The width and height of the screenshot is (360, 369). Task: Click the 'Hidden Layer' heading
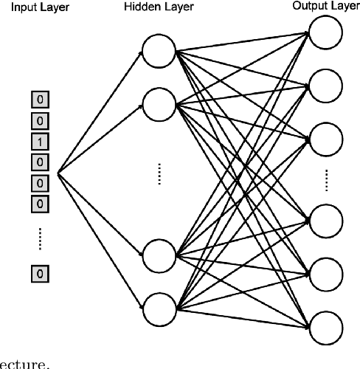pos(159,7)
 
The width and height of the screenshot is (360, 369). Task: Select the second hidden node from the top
pos(159,105)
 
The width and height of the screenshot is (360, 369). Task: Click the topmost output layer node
pos(325,31)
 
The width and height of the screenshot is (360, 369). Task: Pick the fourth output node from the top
pos(325,219)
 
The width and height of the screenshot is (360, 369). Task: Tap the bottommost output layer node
pos(325,326)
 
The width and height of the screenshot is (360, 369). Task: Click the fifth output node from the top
pos(325,272)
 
